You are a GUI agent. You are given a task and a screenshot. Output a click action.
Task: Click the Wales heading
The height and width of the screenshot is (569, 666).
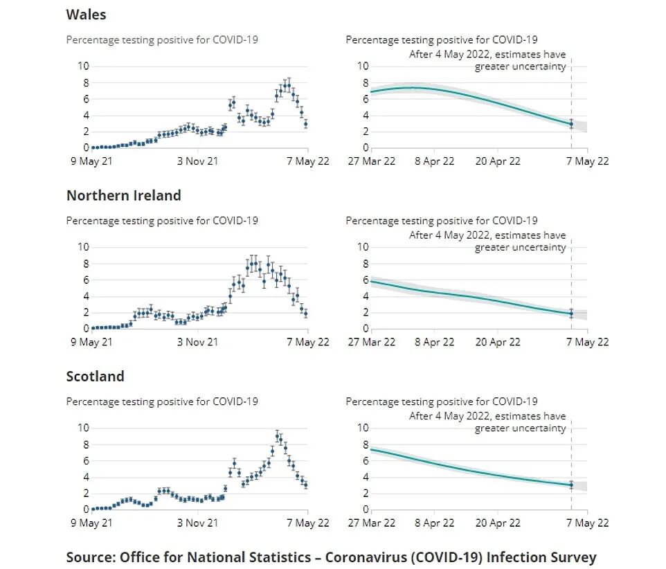tap(86, 14)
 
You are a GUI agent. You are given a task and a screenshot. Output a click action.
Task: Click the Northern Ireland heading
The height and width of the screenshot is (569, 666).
tap(123, 195)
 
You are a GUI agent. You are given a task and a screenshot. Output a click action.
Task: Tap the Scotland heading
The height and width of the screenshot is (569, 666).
tap(95, 377)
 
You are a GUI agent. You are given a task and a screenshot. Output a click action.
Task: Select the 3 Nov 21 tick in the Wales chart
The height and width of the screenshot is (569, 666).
tap(197, 161)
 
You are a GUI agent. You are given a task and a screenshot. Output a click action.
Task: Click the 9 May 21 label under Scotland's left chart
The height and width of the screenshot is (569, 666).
tap(90, 523)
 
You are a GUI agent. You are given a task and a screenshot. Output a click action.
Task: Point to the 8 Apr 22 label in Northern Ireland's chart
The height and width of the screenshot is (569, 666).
tap(434, 342)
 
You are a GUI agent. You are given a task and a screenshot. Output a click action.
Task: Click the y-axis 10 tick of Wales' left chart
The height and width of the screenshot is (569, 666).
tap(83, 66)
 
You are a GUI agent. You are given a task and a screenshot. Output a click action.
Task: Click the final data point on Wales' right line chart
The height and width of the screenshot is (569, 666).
tap(571, 124)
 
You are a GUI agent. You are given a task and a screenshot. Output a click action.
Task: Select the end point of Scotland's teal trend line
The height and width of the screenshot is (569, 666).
tap(571, 485)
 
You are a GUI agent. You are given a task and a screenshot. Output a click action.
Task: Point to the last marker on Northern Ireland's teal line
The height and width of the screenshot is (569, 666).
tap(571, 313)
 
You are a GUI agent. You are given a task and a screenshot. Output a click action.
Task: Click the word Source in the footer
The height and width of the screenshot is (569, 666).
tap(90, 557)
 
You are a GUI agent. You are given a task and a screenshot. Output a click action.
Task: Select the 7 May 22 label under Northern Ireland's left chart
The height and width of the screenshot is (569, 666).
tap(308, 342)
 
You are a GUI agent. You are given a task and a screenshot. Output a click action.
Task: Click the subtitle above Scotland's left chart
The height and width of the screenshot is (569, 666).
tap(162, 401)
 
